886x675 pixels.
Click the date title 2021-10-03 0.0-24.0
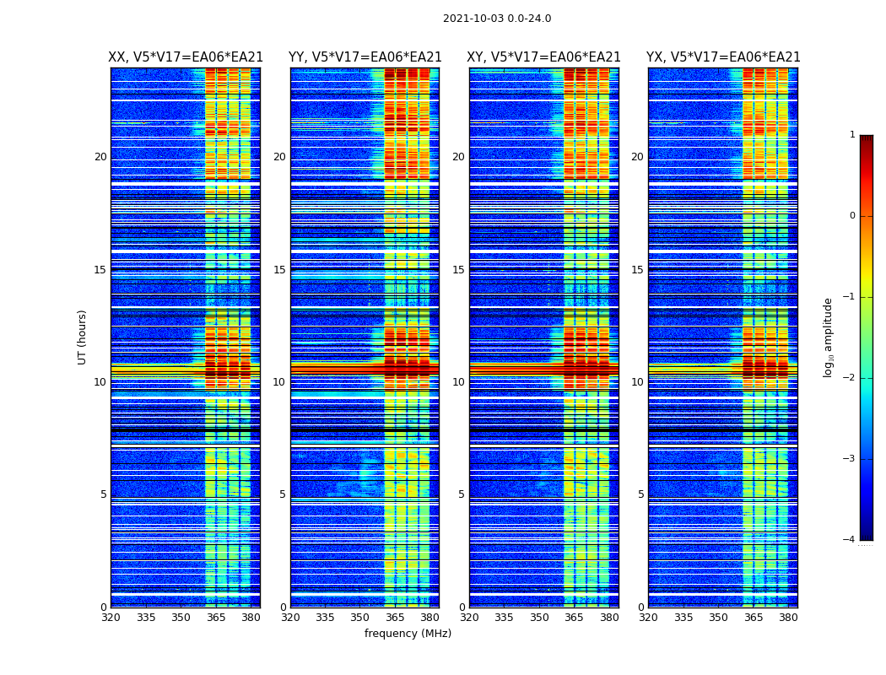[x=497, y=19]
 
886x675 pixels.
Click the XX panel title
[x=186, y=57]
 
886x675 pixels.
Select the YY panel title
[x=365, y=57]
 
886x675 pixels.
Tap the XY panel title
[x=544, y=57]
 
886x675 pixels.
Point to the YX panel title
[x=723, y=57]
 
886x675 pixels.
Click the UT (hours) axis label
[x=82, y=337]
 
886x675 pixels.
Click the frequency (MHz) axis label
[x=408, y=634]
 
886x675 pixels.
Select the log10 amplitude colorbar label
[x=828, y=337]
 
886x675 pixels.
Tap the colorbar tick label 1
[x=851, y=135]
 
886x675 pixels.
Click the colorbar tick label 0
[x=851, y=216]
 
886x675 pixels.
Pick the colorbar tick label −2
[x=850, y=378]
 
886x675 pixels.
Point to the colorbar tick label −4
[x=850, y=540]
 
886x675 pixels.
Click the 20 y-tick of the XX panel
[x=100, y=157]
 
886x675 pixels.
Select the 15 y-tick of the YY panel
[x=279, y=270]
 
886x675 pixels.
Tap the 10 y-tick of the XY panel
[x=458, y=382]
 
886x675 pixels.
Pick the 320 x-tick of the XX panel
[x=111, y=618]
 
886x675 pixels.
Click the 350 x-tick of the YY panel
[x=360, y=618]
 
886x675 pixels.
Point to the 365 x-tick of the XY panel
[x=574, y=618]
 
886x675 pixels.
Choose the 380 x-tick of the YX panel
[x=788, y=618]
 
